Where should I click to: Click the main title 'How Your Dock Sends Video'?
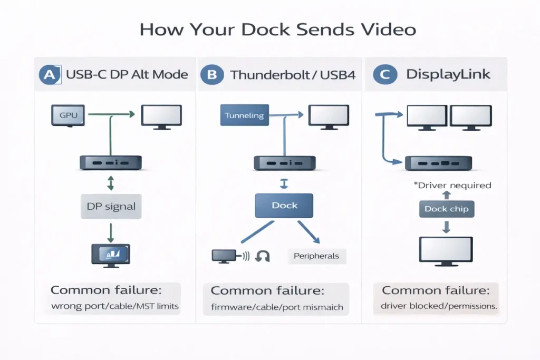(277, 29)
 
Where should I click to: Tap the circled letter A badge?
(50, 74)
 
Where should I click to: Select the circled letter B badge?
(211, 74)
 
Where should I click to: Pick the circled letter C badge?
(384, 74)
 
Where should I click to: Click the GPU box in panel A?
(67, 115)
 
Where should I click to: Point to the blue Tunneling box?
(244, 115)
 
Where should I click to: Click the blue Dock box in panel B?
(284, 206)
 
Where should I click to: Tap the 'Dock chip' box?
(446, 209)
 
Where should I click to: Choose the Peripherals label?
(317, 256)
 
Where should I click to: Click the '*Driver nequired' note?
(453, 185)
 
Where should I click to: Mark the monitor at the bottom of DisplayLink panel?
(446, 251)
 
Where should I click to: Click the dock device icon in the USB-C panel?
(110, 162)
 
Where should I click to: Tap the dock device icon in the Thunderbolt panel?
(285, 162)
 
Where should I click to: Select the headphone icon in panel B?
(262, 256)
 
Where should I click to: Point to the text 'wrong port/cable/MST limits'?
(114, 306)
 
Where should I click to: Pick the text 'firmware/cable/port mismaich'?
(277, 307)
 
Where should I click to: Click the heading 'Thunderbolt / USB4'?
(293, 74)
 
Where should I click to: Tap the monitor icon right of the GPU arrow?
(161, 115)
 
